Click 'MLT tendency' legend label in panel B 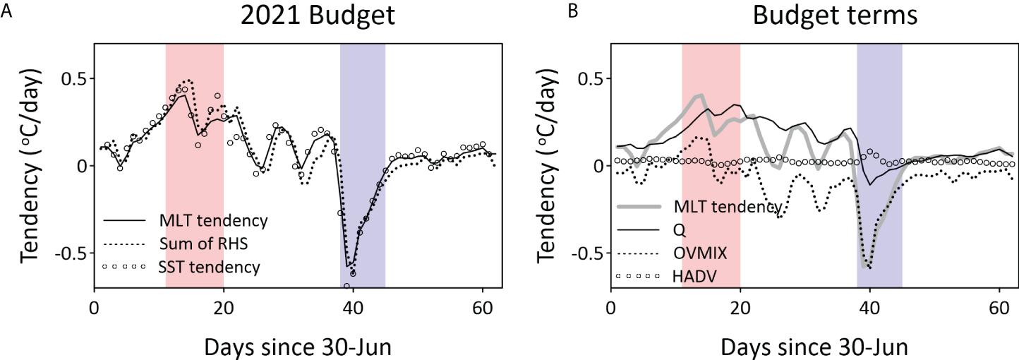(x=727, y=206)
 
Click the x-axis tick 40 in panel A (x=353, y=308)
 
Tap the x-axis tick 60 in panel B (x=999, y=308)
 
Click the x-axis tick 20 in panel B (x=740, y=308)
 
